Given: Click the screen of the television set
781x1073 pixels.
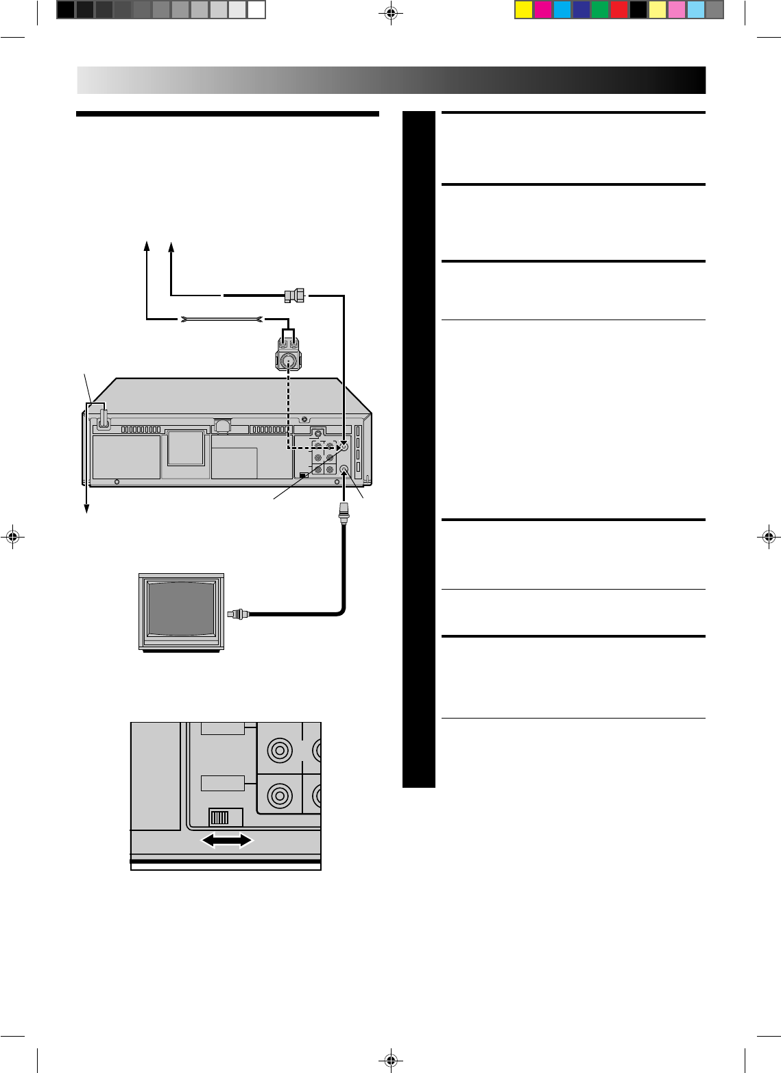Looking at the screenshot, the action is pyautogui.click(x=182, y=611).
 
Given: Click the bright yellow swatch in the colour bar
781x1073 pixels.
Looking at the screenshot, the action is pyautogui.click(x=524, y=10).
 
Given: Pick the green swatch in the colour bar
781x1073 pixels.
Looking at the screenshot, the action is pyautogui.click(x=600, y=10).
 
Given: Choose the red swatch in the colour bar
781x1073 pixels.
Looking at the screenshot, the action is pyautogui.click(x=619, y=10).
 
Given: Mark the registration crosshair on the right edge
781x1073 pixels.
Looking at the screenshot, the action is pyautogui.click(x=769, y=537).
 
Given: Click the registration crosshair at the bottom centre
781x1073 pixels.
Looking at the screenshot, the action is pyautogui.click(x=390, y=1059).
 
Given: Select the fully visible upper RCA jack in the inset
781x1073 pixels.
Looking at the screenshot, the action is pyautogui.click(x=279, y=751).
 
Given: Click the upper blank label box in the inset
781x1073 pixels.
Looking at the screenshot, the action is pyautogui.click(x=223, y=727).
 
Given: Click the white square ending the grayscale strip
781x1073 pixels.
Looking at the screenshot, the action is pyautogui.click(x=256, y=10).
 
